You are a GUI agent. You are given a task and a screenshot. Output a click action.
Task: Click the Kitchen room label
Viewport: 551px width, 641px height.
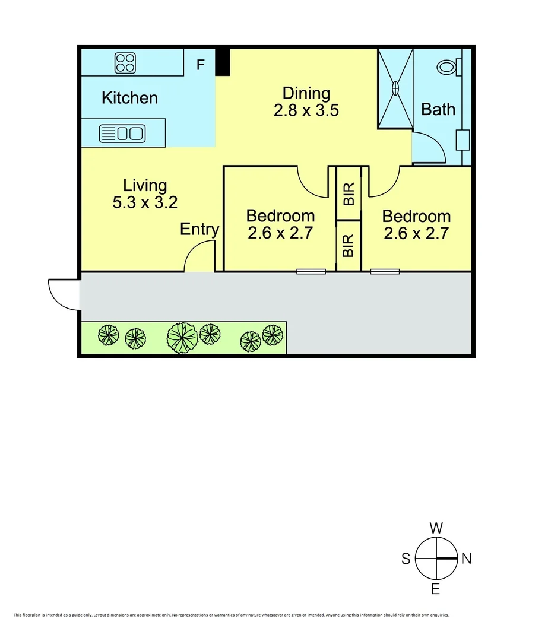pos(129,98)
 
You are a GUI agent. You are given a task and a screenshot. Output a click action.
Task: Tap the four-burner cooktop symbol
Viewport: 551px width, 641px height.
pos(125,62)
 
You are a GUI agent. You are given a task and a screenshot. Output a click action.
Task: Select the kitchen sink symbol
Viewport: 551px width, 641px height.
pos(122,134)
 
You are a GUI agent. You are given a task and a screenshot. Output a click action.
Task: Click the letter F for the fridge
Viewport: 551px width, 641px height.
pos(201,65)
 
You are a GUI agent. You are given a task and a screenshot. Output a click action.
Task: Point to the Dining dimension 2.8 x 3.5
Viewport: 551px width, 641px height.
pos(306,110)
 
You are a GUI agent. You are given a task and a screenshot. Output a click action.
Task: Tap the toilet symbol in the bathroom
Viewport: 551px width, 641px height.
pos(448,67)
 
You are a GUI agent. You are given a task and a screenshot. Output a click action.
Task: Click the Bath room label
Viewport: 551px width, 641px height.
pos(438,109)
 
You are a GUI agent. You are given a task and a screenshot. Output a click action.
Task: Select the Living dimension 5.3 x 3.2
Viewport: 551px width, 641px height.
pos(145,202)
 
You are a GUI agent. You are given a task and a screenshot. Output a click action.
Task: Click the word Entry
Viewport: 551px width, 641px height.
pos(199,229)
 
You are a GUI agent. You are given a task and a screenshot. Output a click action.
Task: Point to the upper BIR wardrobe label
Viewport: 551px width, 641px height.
pos(349,194)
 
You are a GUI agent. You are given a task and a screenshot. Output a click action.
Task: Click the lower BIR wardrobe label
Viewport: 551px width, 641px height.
pos(349,246)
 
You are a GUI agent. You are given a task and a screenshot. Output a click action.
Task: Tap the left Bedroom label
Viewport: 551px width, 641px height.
pos(280,216)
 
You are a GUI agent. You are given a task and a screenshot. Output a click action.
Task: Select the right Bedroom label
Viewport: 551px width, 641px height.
pos(416,216)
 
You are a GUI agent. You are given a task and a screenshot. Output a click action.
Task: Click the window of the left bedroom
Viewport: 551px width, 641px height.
pos(311,272)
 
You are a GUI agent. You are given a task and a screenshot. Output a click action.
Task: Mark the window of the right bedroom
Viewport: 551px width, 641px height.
pos(385,272)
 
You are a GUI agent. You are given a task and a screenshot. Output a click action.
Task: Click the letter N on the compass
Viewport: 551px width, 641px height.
pos(467,559)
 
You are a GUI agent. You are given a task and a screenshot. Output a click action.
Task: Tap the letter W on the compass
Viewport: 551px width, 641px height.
pos(436,528)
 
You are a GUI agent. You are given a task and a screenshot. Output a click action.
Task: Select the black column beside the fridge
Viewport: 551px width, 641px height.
pos(222,62)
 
